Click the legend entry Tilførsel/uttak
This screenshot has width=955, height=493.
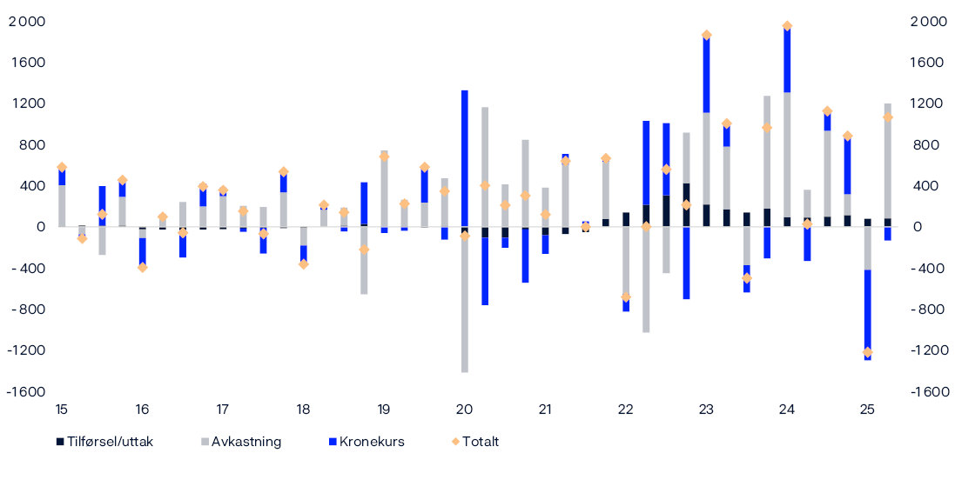[x=109, y=442]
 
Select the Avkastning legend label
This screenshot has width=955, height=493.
[x=246, y=442]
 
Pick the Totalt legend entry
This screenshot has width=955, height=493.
[x=480, y=442]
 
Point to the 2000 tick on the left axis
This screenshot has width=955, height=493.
[x=27, y=22]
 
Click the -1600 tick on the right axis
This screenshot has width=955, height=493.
[x=930, y=392]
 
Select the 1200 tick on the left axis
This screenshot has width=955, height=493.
[x=27, y=104]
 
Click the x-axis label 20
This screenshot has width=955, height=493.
[x=464, y=410]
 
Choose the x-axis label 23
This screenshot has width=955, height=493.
[x=706, y=410]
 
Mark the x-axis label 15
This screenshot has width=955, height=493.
[x=62, y=410]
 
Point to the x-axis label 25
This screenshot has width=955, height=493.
[x=867, y=410]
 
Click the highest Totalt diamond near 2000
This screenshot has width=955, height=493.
[x=787, y=26]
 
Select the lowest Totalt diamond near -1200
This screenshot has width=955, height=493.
[x=867, y=352]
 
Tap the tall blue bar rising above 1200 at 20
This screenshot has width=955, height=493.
[x=464, y=157]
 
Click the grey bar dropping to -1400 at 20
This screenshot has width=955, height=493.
[x=464, y=304]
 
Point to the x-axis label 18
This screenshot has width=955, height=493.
[x=303, y=410]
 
